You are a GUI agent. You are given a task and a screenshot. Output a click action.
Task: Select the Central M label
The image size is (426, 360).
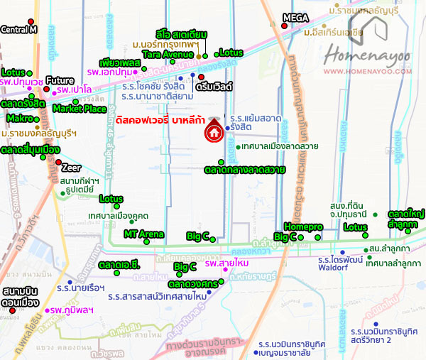click(18, 30)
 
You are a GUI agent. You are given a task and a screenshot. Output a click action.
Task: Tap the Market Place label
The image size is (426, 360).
click(80, 109)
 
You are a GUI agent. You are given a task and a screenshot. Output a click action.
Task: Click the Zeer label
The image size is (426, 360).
click(71, 168)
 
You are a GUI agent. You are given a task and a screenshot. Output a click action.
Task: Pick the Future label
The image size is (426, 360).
click(60, 80)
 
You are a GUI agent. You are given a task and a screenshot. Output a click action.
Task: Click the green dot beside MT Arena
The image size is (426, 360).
click(147, 241)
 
